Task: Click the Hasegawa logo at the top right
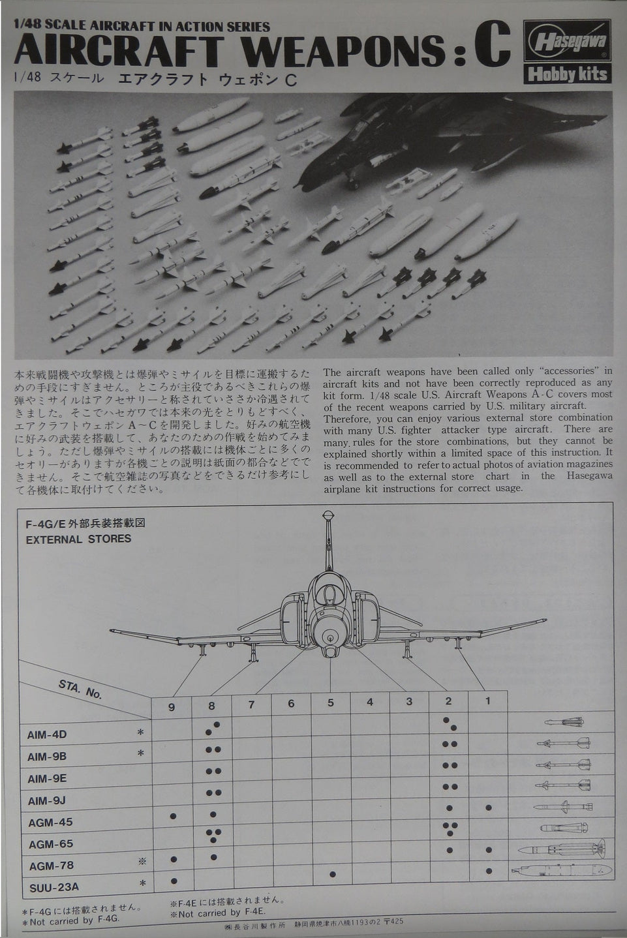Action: (566, 44)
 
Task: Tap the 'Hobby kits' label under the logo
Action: (566, 73)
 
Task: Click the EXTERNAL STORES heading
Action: (78, 539)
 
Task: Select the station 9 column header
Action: (172, 704)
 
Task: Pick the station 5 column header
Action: (331, 703)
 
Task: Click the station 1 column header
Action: (488, 701)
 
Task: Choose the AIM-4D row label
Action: (47, 734)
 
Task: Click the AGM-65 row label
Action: (50, 844)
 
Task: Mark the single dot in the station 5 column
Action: (333, 874)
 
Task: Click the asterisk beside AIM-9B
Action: (140, 754)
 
